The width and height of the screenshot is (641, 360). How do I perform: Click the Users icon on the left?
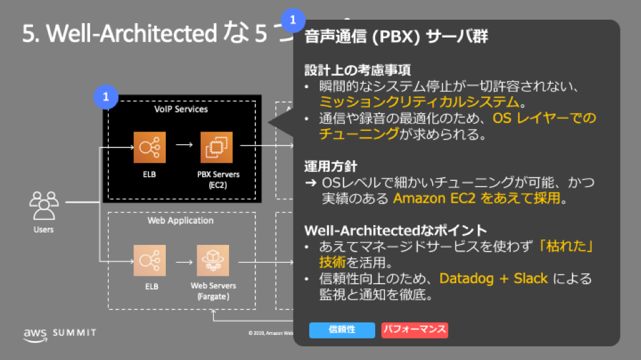43,205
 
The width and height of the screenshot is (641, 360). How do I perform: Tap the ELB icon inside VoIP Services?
149,148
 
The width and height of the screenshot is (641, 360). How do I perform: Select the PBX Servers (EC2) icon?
217,148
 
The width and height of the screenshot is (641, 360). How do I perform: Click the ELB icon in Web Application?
149,262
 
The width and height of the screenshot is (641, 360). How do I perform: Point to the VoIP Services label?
180,109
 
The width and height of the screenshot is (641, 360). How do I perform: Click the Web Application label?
180,220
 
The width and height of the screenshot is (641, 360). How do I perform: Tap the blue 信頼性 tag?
342,330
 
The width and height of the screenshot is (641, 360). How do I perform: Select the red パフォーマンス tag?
415,330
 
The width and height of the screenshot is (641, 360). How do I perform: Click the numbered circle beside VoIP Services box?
105,98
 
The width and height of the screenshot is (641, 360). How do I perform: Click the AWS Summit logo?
59,333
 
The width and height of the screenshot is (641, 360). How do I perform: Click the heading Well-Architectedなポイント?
396,230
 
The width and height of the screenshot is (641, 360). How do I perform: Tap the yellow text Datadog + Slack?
493,278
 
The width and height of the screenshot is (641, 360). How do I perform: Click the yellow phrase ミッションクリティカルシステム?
421,102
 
